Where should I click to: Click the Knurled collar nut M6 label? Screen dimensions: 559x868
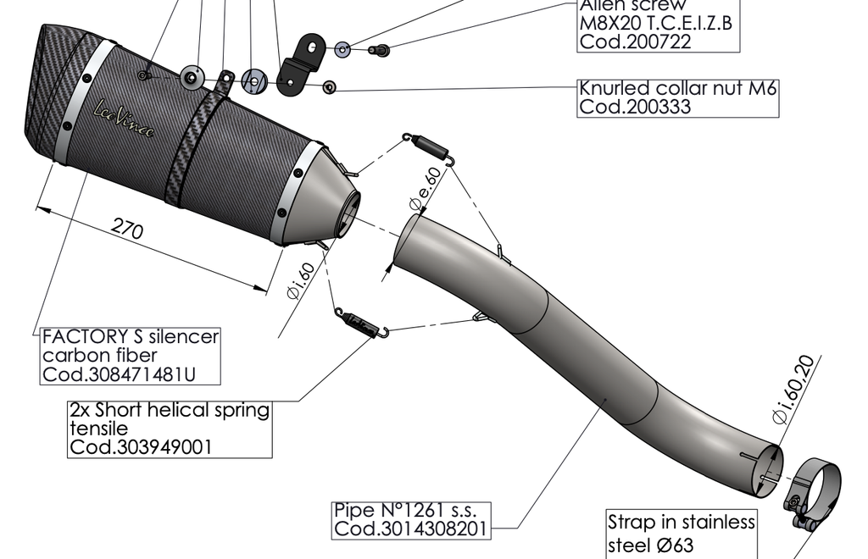click(x=677, y=88)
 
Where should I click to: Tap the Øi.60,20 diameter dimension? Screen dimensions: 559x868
click(x=793, y=389)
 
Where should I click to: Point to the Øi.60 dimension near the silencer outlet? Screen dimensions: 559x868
click(x=301, y=279)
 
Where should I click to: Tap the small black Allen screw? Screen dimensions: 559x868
click(x=381, y=51)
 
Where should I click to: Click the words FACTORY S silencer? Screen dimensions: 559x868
click(x=130, y=336)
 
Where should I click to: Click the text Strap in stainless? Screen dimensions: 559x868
click(x=681, y=522)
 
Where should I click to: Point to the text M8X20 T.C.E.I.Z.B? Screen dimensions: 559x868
click(x=654, y=23)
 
